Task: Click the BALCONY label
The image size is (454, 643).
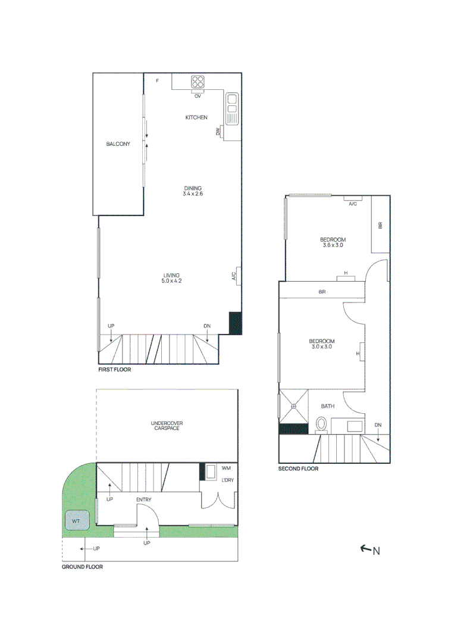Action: [x=118, y=144]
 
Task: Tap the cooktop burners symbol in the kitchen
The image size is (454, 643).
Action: [x=198, y=82]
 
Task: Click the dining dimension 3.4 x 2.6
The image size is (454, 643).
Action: [x=193, y=193]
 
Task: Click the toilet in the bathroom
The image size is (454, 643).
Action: [x=321, y=424]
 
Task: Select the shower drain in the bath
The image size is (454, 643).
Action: [x=294, y=407]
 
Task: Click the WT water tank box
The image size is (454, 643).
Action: [x=77, y=522]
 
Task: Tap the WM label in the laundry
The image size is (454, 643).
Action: [x=226, y=468]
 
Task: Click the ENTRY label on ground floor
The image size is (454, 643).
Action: [x=143, y=500]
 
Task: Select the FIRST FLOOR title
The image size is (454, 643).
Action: [x=114, y=370]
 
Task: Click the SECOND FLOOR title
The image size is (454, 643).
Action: [x=298, y=469]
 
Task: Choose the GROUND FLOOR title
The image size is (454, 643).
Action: [x=82, y=567]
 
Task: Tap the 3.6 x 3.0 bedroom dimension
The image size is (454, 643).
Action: [x=333, y=245]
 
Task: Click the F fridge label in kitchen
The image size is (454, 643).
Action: [x=158, y=81]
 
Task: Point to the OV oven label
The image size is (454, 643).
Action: [x=198, y=96]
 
